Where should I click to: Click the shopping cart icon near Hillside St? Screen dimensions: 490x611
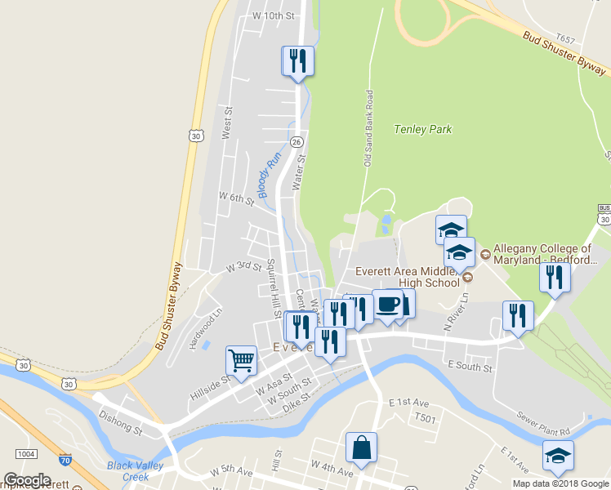tap(241, 360)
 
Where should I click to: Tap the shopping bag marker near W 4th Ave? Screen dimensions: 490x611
tap(361, 448)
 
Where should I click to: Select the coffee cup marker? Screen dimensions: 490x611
tap(387, 304)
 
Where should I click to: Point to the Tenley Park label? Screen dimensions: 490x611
tap(422, 129)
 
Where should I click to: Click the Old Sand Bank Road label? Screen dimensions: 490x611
tap(368, 128)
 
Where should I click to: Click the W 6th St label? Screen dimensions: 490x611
tap(238, 198)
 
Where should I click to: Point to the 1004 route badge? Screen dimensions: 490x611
tap(25, 454)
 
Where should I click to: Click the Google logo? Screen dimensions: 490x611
tap(27, 480)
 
